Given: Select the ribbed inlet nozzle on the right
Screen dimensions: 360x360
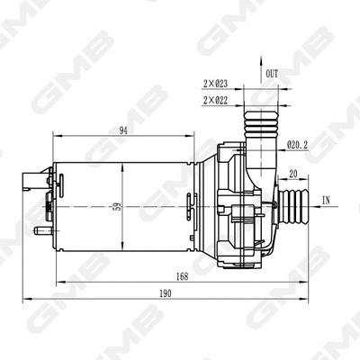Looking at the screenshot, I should pyautogui.click(x=293, y=206).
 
